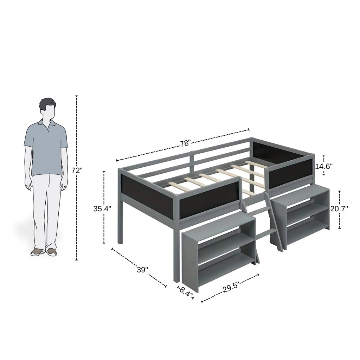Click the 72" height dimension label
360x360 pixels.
(x=77, y=171)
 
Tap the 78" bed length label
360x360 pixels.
(x=185, y=143)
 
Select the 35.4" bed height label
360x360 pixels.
(x=102, y=209)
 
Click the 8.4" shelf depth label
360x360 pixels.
(x=186, y=291)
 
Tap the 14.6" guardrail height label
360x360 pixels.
(x=324, y=166)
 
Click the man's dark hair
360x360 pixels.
(x=47, y=104)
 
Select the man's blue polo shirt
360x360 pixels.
(x=46, y=149)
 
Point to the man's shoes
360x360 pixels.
(x=44, y=252)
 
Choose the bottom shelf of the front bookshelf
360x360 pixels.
(x=226, y=268)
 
